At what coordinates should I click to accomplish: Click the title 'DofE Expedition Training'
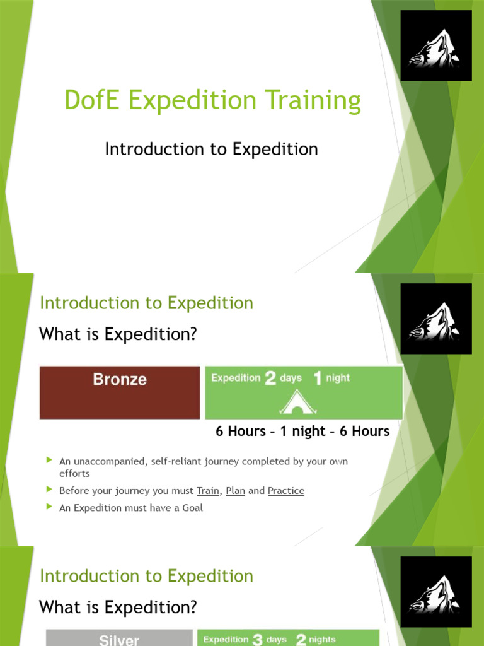click(x=212, y=101)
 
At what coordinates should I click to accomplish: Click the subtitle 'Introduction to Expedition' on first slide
click(x=211, y=149)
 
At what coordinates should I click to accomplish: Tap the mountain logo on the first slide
click(x=435, y=45)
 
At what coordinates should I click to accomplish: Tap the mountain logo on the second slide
click(x=435, y=319)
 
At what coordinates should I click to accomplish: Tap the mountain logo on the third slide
click(x=435, y=592)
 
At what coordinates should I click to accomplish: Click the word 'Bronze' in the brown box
click(x=120, y=379)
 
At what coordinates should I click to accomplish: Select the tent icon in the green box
click(x=297, y=402)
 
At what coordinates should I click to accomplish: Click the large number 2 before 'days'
click(x=270, y=379)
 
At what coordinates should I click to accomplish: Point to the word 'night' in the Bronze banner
click(x=338, y=379)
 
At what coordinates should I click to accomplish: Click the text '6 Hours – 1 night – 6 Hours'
click(x=302, y=432)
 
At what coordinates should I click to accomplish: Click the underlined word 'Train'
click(x=208, y=491)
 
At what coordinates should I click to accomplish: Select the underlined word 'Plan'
click(x=235, y=491)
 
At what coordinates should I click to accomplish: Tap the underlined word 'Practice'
click(x=285, y=491)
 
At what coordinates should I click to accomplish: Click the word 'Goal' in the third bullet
click(x=192, y=508)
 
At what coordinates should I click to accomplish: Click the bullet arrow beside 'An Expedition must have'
click(x=50, y=507)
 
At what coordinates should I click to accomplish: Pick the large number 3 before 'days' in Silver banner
click(x=257, y=640)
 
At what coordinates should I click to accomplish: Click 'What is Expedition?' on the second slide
click(x=118, y=334)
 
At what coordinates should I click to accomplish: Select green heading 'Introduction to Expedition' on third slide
click(x=146, y=576)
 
